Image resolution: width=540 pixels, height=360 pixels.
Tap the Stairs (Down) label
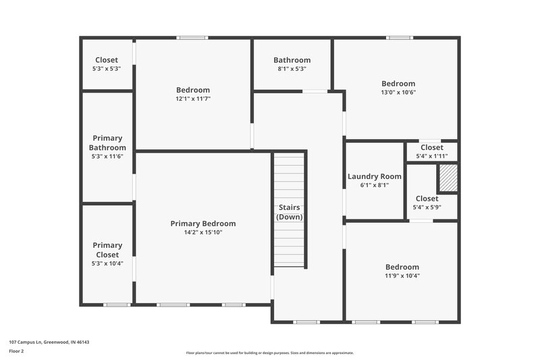click(x=290, y=212)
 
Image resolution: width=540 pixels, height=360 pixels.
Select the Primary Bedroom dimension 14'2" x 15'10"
click(x=202, y=232)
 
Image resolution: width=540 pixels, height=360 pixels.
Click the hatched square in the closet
click(x=448, y=178)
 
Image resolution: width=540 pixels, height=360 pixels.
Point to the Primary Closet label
click(x=107, y=250)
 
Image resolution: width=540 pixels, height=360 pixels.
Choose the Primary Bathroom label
click(x=107, y=143)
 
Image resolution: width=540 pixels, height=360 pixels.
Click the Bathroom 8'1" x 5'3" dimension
click(x=292, y=69)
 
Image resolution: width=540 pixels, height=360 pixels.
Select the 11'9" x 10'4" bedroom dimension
click(x=402, y=276)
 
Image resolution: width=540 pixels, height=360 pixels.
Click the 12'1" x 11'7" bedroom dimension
click(x=193, y=99)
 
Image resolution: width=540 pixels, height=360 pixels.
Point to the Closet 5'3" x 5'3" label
click(x=107, y=60)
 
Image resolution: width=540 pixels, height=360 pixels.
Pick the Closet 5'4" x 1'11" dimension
click(x=431, y=156)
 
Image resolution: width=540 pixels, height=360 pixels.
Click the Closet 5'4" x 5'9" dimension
click(x=427, y=207)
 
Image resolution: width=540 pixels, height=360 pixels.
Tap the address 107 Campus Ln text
click(x=49, y=342)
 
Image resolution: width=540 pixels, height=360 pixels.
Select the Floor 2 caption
click(x=16, y=351)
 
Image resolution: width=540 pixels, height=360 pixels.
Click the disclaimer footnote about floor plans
click(x=269, y=353)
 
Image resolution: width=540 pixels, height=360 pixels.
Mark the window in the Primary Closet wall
click(x=116, y=305)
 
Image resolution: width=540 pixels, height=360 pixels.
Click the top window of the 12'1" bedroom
click(x=192, y=38)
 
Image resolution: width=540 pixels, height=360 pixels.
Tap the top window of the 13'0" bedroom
click(x=399, y=38)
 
